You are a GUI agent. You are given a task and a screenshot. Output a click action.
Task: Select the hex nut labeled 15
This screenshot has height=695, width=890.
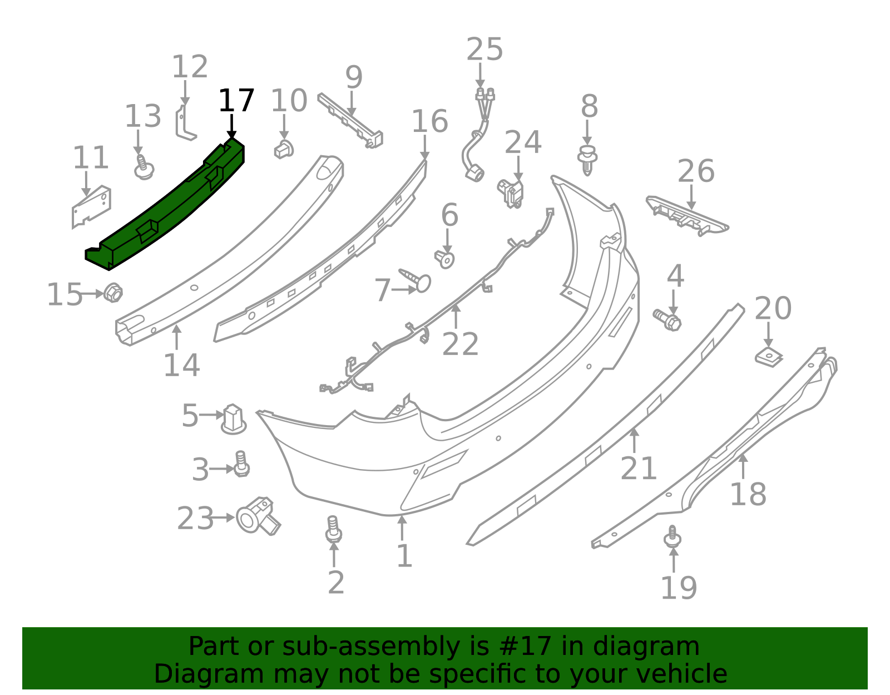click(x=112, y=293)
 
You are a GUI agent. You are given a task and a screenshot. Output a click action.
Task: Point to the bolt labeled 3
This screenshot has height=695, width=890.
click(x=241, y=464)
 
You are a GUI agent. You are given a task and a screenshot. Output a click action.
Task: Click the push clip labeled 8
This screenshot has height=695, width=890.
click(x=587, y=160)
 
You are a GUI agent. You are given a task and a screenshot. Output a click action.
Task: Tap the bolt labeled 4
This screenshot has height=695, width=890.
click(x=667, y=321)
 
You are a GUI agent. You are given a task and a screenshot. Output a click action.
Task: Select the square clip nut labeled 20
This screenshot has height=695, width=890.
click(x=769, y=357)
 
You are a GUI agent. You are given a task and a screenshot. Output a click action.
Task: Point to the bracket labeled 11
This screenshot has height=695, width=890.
click(x=91, y=207)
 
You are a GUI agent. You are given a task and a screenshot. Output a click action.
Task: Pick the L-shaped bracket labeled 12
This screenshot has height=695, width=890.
click(x=185, y=123)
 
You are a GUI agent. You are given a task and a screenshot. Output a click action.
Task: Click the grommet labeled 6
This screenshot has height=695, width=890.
click(x=445, y=259)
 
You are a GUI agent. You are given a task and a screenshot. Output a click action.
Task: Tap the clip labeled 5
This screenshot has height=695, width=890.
click(x=234, y=420)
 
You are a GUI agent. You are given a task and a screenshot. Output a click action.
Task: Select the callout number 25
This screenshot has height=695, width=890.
click(x=484, y=50)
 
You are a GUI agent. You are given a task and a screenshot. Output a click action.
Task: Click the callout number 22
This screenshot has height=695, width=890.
click(x=461, y=344)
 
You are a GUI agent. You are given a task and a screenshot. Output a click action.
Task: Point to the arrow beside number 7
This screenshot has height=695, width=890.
click(x=404, y=290)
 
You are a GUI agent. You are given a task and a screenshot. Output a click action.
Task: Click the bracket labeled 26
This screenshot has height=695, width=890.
click(x=688, y=216)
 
